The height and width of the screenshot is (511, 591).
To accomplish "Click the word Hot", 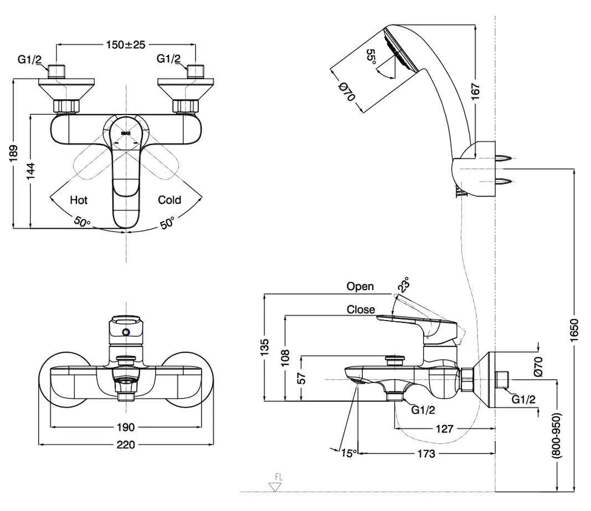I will (79, 200).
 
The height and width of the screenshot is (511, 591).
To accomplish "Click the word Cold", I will (169, 200).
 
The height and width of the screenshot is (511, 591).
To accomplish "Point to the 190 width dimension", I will (126, 427).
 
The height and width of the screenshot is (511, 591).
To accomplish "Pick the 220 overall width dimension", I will (126, 445).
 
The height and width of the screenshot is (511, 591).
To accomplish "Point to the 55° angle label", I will (372, 57).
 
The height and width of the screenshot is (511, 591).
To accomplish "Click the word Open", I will (360, 286).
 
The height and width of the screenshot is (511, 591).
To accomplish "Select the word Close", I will (361, 309).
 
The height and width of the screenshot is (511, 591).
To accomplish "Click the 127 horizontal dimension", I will (444, 428).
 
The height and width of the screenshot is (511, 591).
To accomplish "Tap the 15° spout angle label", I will (348, 453).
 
